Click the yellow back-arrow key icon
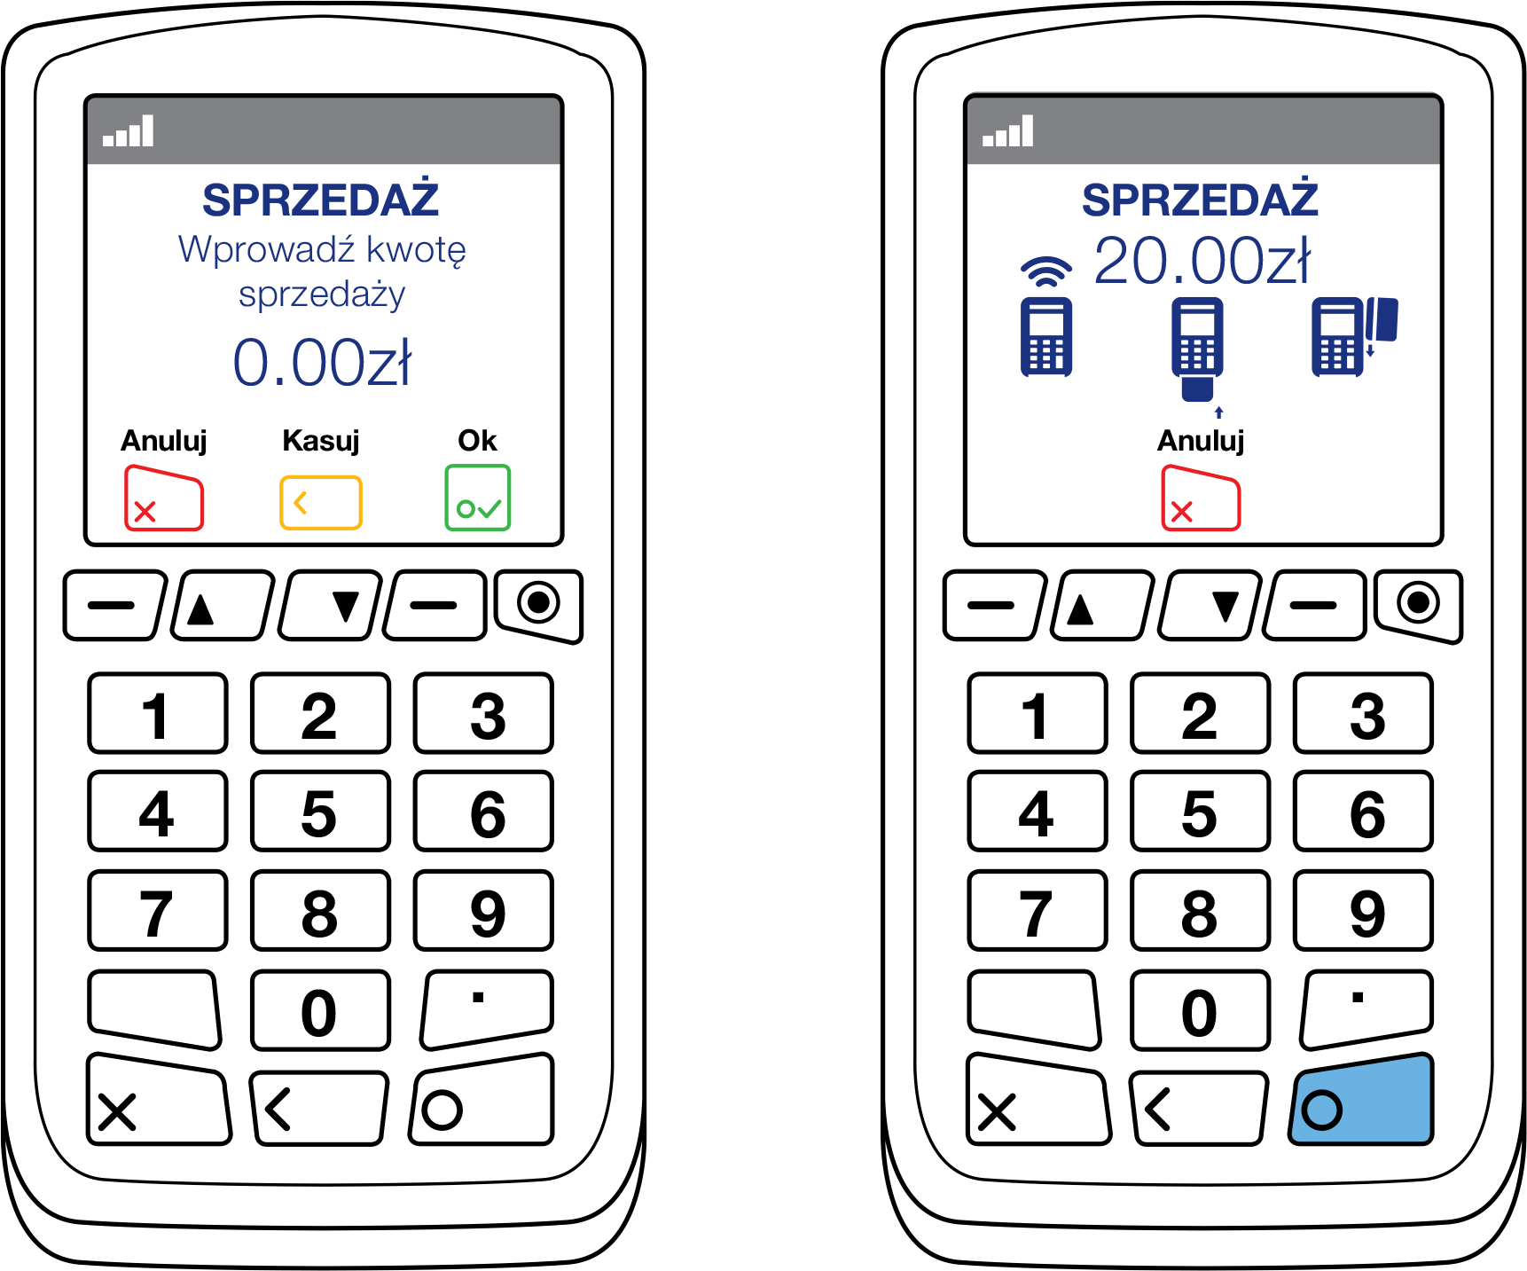pos(320,503)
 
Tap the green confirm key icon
pos(477,498)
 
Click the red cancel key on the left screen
pos(164,498)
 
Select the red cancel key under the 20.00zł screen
pos(1201,498)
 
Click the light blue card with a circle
pos(1361,1100)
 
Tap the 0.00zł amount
pos(322,363)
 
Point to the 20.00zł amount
pos(1202,262)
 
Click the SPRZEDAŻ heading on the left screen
pos(320,200)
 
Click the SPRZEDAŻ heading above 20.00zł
pos(1200,200)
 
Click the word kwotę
pos(416,250)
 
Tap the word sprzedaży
pos(322,294)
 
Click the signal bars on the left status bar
pos(129,131)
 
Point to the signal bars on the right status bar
pos(1008,131)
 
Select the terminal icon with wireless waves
pos(1046,337)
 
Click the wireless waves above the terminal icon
pos(1046,271)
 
